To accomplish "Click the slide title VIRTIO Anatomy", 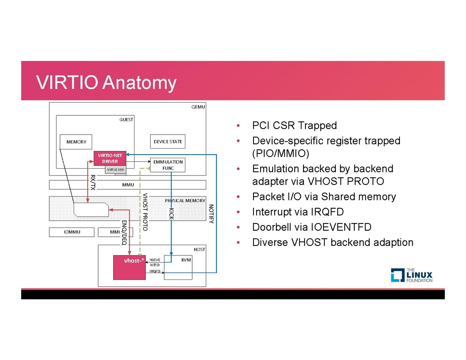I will [106, 82].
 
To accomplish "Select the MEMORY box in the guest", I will [76, 142].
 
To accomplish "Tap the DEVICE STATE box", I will [168, 142].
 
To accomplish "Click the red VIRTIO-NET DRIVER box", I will [110, 159].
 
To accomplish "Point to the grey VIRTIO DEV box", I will [116, 170].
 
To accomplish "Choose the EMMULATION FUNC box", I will [168, 165].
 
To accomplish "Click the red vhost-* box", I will [129, 267].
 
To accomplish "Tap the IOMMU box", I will [72, 232].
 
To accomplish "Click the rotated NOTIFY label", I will [211, 214].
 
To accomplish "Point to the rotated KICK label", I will [171, 213].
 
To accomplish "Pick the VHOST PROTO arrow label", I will [145, 212].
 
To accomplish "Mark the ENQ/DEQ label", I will [124, 232].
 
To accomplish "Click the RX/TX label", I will [93, 182].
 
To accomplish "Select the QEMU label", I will [198, 107].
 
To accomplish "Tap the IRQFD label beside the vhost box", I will [155, 271].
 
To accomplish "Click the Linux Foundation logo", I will [411, 275].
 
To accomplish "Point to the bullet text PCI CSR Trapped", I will [294, 125].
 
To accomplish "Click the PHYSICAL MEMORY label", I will [185, 200].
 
